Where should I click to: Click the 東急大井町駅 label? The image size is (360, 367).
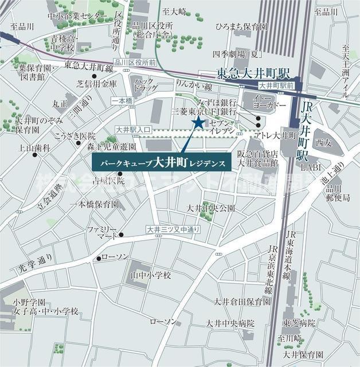(x=254, y=73)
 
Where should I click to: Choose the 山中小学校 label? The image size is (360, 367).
(x=150, y=275)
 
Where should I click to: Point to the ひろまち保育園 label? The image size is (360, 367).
(x=241, y=26)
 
